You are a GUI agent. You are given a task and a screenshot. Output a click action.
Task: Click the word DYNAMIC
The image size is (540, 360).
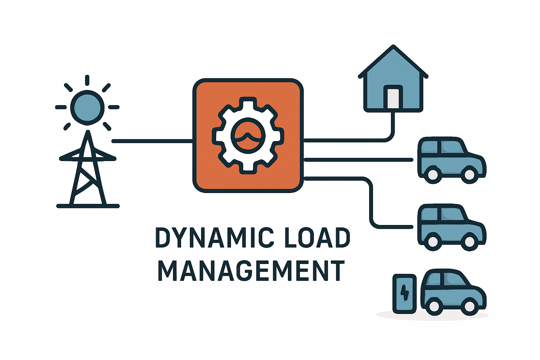coord(214,238)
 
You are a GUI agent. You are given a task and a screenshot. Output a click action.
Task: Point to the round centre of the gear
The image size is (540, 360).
coord(248,136)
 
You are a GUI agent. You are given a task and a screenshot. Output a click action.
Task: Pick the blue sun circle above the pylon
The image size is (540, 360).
coord(87,107)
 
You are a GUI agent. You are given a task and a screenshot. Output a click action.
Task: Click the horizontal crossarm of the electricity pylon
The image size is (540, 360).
coord(88,159)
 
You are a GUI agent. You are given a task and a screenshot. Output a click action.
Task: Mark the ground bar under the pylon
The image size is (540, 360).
coord(88,206)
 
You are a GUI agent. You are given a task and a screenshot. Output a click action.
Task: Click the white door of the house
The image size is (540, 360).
coord(393,98)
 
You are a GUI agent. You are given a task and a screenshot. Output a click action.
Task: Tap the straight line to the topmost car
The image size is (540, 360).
coord(359,160)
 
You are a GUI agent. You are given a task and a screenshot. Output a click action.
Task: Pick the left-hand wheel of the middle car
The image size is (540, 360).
coord(433,242)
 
